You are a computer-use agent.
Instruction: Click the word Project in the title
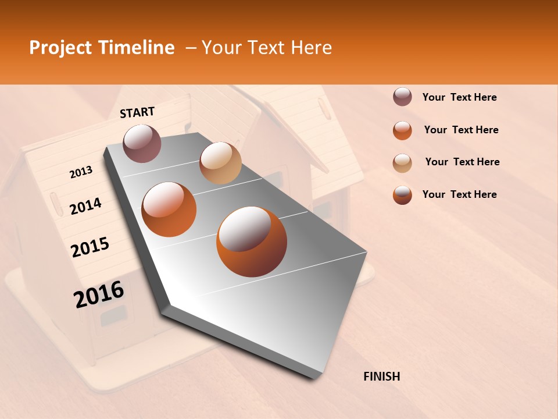pos(60,48)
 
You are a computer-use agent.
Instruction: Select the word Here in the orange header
pos(311,48)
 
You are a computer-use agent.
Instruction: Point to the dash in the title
pos(190,48)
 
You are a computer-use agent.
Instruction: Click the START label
pos(137,112)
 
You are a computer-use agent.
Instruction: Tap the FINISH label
pos(381,377)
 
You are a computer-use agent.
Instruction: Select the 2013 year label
pos(81,172)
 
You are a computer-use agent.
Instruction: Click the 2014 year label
pos(85,206)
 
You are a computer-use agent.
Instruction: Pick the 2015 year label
pos(90,247)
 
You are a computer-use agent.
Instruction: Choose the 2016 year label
pos(99,294)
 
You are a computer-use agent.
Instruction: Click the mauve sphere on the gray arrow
pos(142,143)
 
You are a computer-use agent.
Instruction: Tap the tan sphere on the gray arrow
pos(220,163)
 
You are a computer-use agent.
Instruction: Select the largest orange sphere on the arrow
pos(252,242)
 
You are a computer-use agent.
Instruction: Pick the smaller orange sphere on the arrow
pos(169,210)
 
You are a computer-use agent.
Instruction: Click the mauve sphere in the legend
pos(402,97)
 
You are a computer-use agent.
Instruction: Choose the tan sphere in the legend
pos(402,163)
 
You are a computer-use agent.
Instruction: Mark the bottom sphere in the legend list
pos(402,195)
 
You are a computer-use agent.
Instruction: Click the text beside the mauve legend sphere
pos(459,97)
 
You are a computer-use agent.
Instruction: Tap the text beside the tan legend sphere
pos(462,162)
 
